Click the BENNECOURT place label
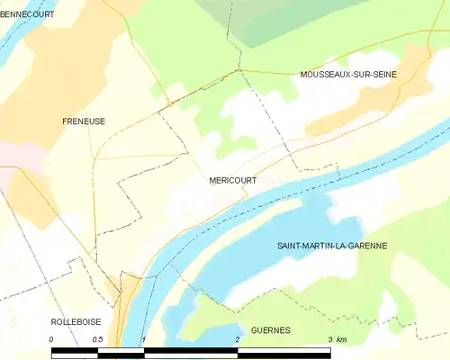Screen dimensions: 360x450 click(x=27, y=15)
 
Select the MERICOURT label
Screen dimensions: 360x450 click(x=232, y=180)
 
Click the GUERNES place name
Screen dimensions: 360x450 click(x=270, y=330)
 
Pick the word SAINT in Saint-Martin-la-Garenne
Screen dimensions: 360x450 click(x=294, y=245)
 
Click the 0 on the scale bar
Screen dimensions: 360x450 click(x=52, y=338)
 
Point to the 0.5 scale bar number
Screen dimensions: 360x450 click(x=98, y=338)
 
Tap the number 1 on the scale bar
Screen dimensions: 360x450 click(x=143, y=338)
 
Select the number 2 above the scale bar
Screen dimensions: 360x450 click(x=237, y=338)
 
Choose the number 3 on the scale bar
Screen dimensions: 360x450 click(x=330, y=338)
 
